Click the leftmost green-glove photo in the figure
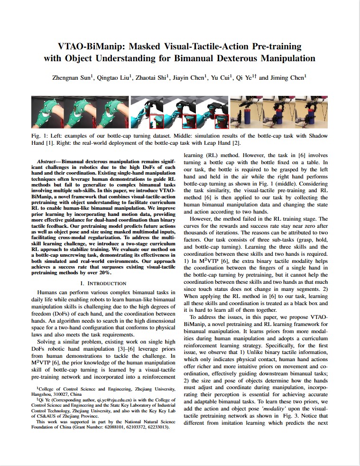[x=48, y=112]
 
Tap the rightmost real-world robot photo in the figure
[x=312, y=112]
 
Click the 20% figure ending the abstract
[x=105, y=272]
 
